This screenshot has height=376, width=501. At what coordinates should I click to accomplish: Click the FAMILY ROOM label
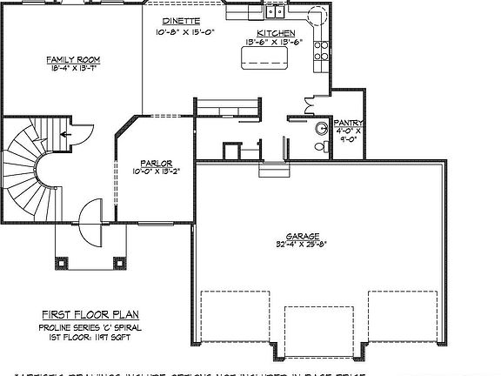[x=73, y=60]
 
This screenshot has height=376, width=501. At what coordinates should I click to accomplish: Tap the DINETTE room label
[x=182, y=19]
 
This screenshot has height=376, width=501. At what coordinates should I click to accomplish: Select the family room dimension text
[x=73, y=69]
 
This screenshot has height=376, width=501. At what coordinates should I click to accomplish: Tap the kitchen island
[x=265, y=58]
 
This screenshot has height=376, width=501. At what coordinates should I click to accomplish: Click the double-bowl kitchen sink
[x=276, y=12]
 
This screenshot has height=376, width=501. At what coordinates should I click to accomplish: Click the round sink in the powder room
[x=321, y=128]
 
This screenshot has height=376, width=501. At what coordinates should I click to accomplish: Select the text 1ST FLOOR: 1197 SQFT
[x=90, y=335]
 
